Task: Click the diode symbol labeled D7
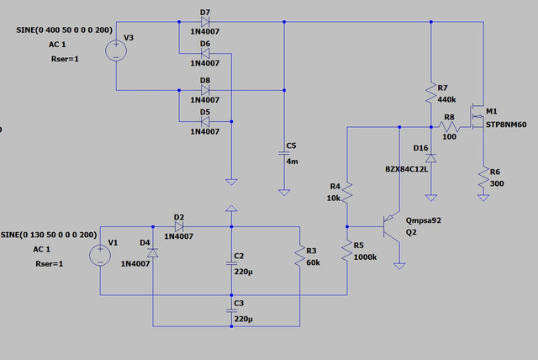[205, 22]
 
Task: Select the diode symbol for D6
[205, 53]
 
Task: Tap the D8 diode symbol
[205, 90]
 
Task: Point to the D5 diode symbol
[205, 121]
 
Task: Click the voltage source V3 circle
[116, 50]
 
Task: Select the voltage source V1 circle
[100, 256]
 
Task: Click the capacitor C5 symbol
[284, 153]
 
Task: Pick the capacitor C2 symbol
[232, 263]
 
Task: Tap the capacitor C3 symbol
[232, 310]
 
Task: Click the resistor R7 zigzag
[431, 93]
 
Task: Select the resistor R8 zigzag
[449, 127]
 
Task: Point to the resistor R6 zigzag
[483, 177]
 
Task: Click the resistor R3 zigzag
[300, 256]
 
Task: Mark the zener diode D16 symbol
[431, 158]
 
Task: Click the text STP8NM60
[506, 124]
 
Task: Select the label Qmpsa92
[424, 220]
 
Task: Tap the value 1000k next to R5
[365, 257]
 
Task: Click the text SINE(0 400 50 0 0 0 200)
[64, 30]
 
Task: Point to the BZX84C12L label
[407, 169]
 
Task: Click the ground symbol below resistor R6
[483, 198]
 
